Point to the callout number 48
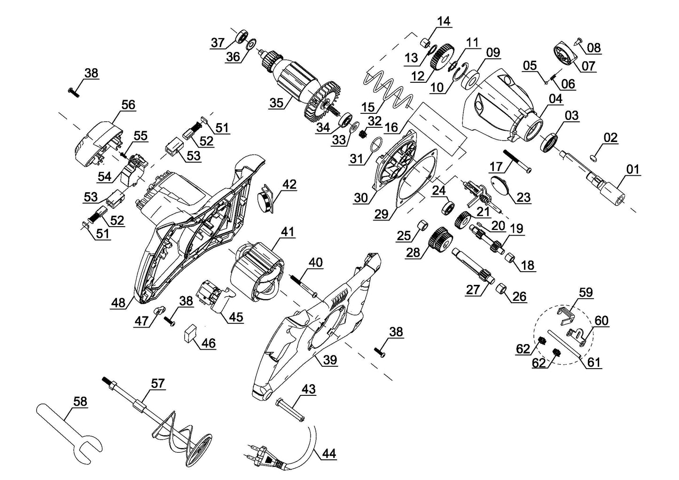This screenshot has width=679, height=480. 118,303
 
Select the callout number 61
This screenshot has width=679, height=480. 594,362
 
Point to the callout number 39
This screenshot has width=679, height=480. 330,360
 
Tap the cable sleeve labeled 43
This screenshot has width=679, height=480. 291,404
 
